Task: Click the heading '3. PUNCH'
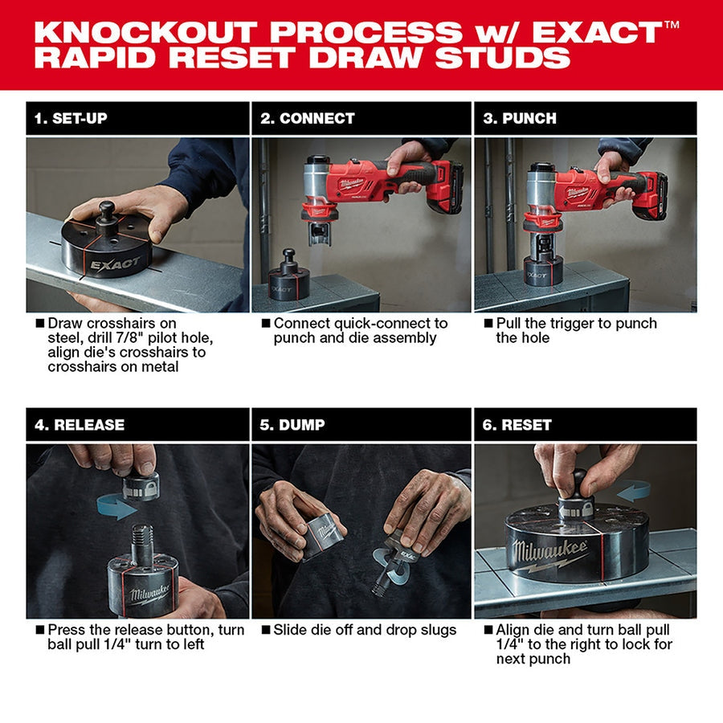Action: pyautogui.click(x=519, y=118)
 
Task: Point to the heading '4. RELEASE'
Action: pyautogui.click(x=79, y=424)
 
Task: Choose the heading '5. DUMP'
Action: pyautogui.click(x=292, y=424)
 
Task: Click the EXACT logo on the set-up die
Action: pyautogui.click(x=114, y=263)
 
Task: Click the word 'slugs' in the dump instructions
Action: pyautogui.click(x=436, y=630)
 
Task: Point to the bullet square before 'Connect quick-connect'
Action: pyautogui.click(x=265, y=323)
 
